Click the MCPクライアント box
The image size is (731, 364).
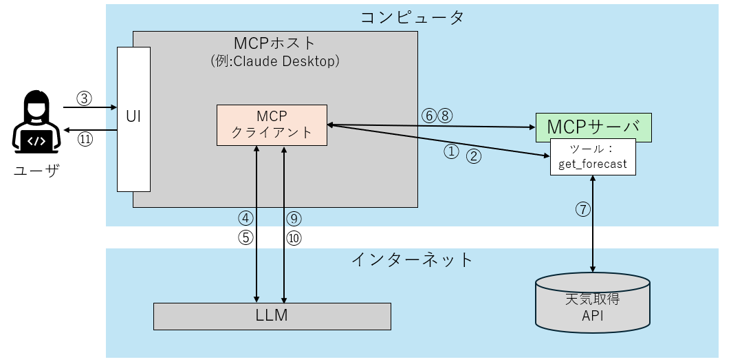pos(272,125)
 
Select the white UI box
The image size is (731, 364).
pos(133,118)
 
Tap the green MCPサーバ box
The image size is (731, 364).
pos(593,127)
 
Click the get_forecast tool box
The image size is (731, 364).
pos(593,157)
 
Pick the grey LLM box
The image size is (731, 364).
pos(272,316)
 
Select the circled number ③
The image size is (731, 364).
pos(84,98)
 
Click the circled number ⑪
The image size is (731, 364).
pos(84,138)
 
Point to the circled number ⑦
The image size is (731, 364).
pos(582,210)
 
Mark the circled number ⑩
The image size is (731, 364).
pos(294,237)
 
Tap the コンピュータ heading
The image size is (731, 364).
pos(412,17)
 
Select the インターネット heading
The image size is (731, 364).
pos(412,259)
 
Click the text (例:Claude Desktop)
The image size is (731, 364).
pos(275,61)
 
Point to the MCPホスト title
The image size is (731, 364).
pos(275,43)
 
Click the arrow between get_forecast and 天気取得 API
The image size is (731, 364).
pos(593,224)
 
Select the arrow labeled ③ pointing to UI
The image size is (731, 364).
pos(89,107)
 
